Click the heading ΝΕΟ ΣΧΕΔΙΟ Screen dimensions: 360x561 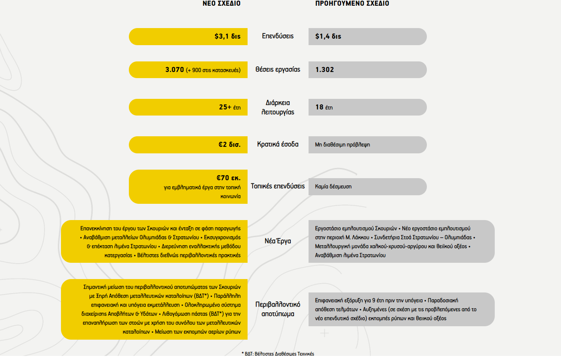[x=222, y=4]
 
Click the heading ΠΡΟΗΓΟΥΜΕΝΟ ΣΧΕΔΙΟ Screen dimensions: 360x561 [x=352, y=4]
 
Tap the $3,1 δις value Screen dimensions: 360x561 [x=228, y=37]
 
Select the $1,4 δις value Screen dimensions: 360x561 [x=328, y=37]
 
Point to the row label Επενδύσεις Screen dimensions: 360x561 [x=278, y=36]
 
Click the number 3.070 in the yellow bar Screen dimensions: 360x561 [x=174, y=70]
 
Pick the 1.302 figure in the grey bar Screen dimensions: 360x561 [x=324, y=70]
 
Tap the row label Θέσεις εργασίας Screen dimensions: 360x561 [x=278, y=70]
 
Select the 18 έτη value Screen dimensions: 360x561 [x=324, y=107]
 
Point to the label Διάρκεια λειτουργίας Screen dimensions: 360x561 [x=278, y=107]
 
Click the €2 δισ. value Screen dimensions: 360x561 [x=229, y=145]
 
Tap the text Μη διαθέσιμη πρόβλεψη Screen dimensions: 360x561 [x=342, y=145]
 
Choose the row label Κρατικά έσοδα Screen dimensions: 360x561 [x=278, y=144]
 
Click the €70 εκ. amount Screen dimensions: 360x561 [x=228, y=178]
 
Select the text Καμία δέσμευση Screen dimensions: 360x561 [x=333, y=187]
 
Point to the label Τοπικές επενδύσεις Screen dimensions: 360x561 [x=278, y=186]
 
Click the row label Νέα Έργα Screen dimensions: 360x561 [x=278, y=241]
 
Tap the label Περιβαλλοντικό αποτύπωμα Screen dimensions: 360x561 [x=278, y=309]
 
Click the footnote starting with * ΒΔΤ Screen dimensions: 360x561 [x=278, y=354]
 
